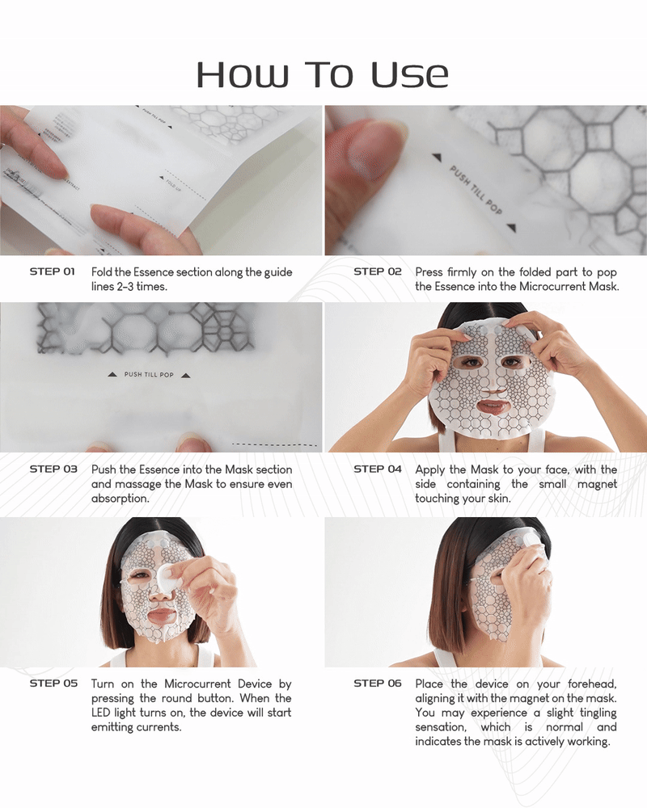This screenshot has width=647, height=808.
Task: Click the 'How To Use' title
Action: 322,74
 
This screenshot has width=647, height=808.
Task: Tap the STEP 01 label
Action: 53,271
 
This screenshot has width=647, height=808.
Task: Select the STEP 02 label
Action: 378,271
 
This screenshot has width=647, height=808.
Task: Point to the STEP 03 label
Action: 53,469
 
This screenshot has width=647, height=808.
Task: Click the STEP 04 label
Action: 378,469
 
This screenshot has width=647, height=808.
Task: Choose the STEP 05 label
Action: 53,684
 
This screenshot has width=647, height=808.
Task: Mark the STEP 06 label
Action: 378,684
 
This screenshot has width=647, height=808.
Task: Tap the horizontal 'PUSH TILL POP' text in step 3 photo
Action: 150,375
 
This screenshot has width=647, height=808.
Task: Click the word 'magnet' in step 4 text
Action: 597,484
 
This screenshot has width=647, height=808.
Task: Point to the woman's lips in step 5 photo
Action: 162,615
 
